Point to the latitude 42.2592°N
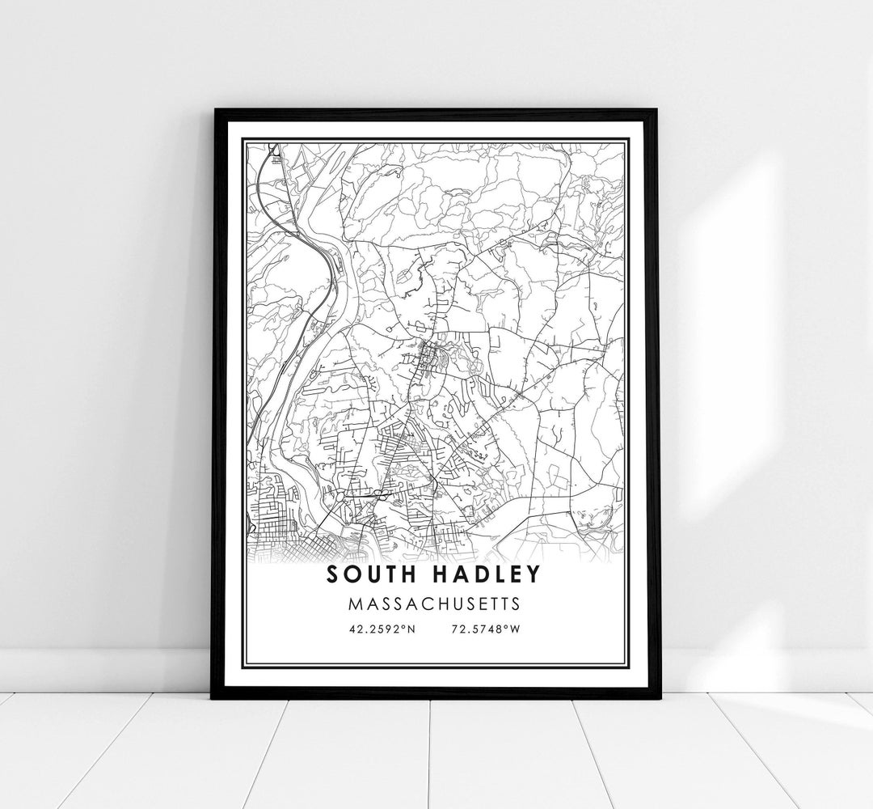[382, 629]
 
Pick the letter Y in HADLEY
[531, 574]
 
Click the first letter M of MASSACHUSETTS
[356, 604]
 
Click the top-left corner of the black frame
[213, 108]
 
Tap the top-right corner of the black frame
[659, 110]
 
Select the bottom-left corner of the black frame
[213, 697]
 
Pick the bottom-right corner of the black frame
[660, 699]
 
